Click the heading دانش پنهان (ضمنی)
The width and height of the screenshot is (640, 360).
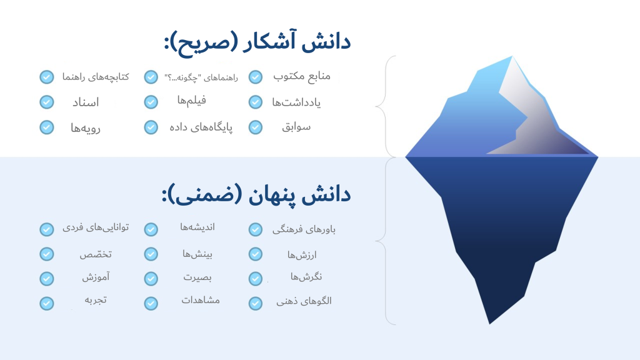tap(256, 195)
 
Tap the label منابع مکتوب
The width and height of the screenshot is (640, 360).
tap(302, 76)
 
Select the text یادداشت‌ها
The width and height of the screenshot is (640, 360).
tap(296, 102)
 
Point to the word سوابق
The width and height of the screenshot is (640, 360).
tap(296, 127)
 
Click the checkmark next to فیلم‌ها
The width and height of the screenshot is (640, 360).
tap(151, 102)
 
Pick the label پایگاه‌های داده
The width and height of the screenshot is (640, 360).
tap(201, 127)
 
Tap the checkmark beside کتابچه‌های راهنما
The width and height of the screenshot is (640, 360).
tap(46, 77)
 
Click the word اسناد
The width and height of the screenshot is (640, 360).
tap(86, 102)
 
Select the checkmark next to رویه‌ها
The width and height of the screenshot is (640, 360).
tap(46, 127)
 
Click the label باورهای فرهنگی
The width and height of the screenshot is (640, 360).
tap(304, 229)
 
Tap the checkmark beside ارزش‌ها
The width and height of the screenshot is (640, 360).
tap(256, 254)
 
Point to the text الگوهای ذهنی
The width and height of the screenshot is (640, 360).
tap(304, 301)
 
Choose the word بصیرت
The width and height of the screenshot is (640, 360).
tap(197, 277)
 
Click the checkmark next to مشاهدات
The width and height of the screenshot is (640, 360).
tap(151, 303)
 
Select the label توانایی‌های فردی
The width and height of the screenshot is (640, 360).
tap(96, 227)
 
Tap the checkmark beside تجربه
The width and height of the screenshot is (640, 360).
tap(46, 303)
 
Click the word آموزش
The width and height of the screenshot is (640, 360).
tap(96, 277)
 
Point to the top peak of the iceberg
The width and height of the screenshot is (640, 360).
tap(512, 57)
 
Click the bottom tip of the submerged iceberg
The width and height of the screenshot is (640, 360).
tap(490, 324)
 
